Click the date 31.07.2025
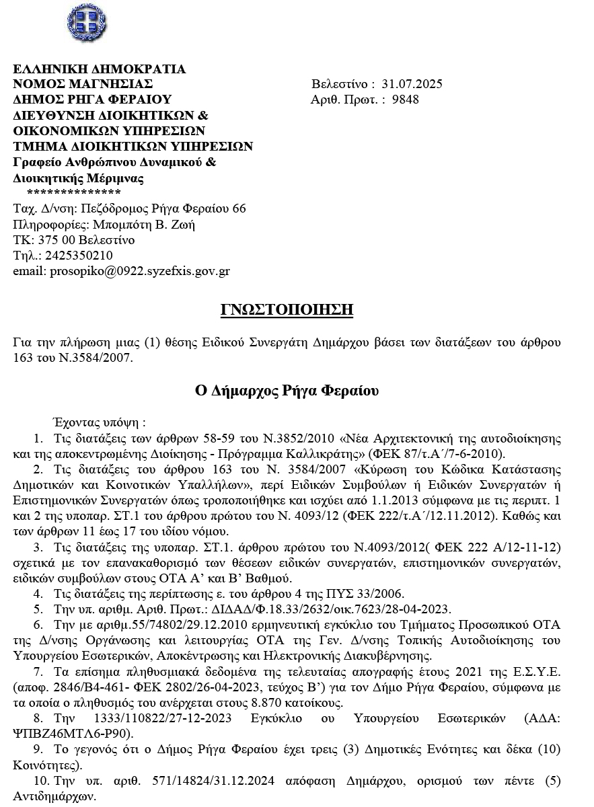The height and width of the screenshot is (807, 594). (412, 85)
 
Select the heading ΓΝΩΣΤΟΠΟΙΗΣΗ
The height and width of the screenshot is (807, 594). (287, 309)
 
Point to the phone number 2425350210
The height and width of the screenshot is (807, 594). (78, 256)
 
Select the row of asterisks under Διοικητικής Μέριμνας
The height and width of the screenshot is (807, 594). (68, 194)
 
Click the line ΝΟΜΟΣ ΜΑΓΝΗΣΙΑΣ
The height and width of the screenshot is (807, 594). (83, 85)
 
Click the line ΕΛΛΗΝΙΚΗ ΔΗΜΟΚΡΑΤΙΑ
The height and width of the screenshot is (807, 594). (100, 69)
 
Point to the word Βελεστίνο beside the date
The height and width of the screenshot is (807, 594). (339, 85)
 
